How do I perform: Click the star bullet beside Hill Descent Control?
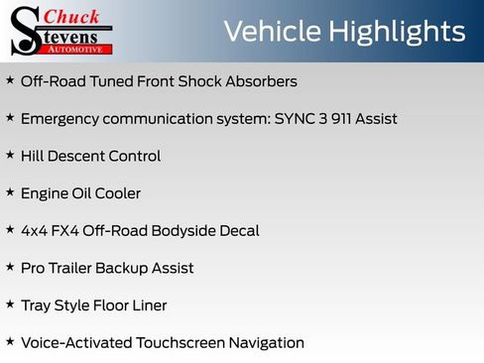pos(10,155)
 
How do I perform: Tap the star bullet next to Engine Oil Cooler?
pos(10,192)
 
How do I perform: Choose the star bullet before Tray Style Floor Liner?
pos(10,304)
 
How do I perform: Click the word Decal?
pos(238,231)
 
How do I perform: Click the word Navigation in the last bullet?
pos(266,343)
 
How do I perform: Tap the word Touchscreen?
pos(177,343)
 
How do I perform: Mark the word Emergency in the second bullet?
pos(61,119)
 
